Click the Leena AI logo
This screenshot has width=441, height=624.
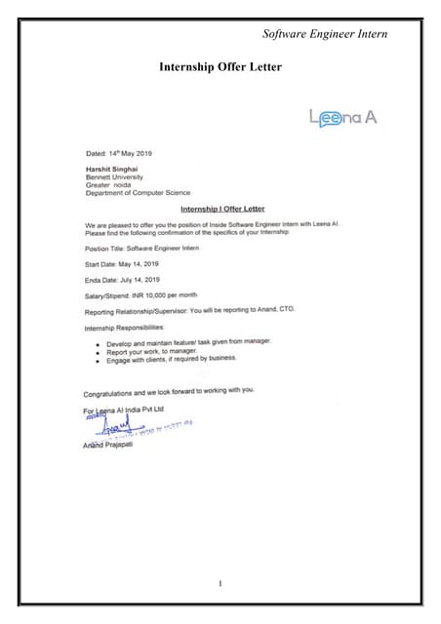tap(342, 118)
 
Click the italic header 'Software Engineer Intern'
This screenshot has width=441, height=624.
tap(325, 34)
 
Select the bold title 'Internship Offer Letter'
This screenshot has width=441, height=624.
tap(220, 67)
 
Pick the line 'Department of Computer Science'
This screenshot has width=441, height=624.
tap(138, 193)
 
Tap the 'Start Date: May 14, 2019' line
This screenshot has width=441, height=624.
tap(122, 264)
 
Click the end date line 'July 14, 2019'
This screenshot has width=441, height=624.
tap(123, 280)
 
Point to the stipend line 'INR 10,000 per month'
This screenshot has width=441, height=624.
tap(141, 294)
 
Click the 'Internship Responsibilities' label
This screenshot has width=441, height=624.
tap(125, 328)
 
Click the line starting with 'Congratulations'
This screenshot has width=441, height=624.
tap(169, 392)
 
